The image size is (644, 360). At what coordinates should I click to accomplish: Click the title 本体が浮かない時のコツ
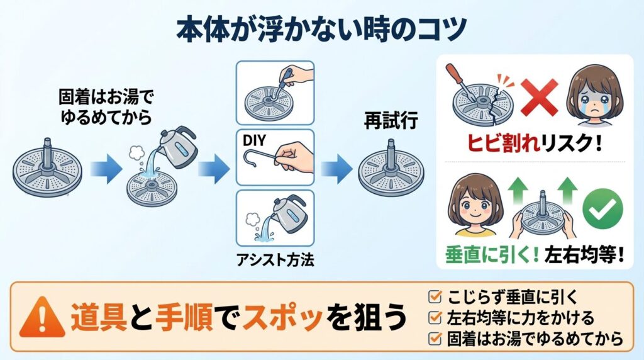322,29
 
